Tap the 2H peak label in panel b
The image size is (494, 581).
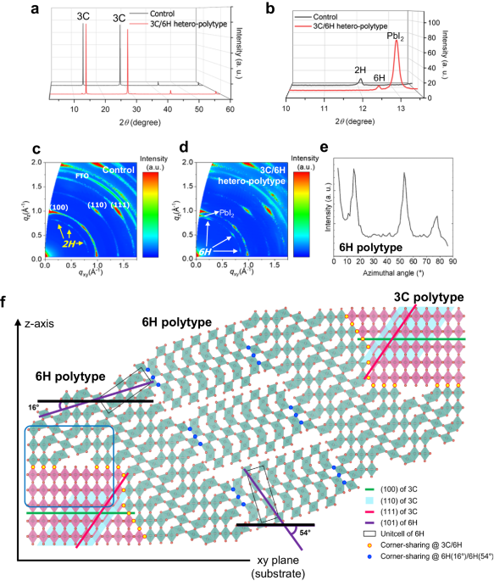[359, 73]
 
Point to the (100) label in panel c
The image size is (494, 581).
[58, 206]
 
